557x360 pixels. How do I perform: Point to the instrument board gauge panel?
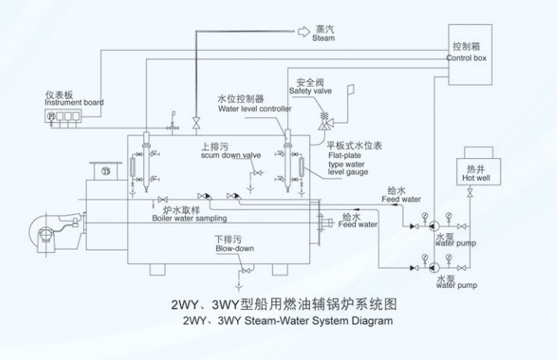tap(65, 117)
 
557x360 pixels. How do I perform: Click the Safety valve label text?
tap(311, 88)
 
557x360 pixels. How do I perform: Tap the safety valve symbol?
tap(322, 118)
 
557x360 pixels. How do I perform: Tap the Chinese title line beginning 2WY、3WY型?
tap(277, 304)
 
